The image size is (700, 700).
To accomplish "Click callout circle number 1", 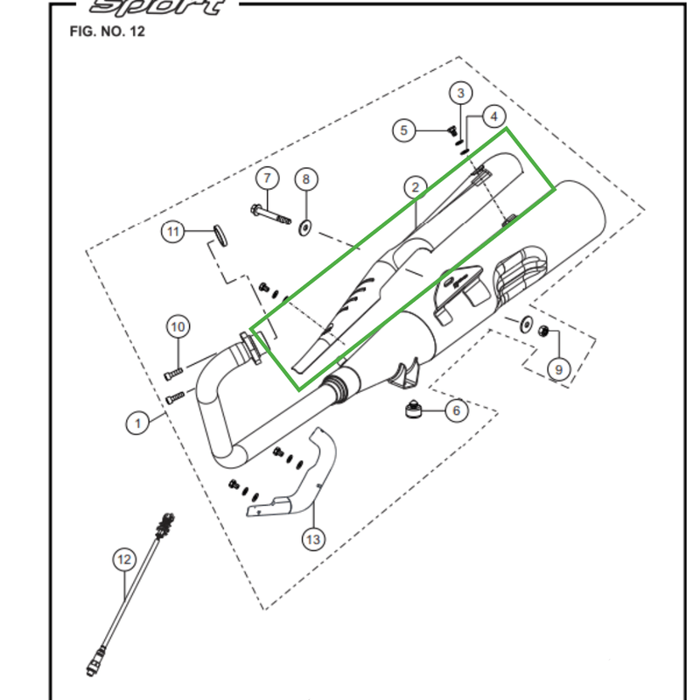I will point(136,424).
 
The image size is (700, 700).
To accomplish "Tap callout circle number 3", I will point(461,94).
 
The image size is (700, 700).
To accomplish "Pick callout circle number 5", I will point(403,131).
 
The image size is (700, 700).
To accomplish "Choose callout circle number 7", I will point(267,179).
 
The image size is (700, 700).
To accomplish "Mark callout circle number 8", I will point(304,179).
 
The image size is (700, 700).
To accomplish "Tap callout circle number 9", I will point(559,369).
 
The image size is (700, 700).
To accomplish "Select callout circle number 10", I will point(178,328).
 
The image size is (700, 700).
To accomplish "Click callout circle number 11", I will point(173,232).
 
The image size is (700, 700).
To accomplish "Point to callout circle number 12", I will point(124,558).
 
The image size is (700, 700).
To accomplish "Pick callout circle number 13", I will point(312,540).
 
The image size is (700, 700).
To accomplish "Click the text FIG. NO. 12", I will point(107,32).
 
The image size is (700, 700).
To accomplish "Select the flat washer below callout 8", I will point(304,227).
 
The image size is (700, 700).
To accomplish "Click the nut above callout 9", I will point(542,332).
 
